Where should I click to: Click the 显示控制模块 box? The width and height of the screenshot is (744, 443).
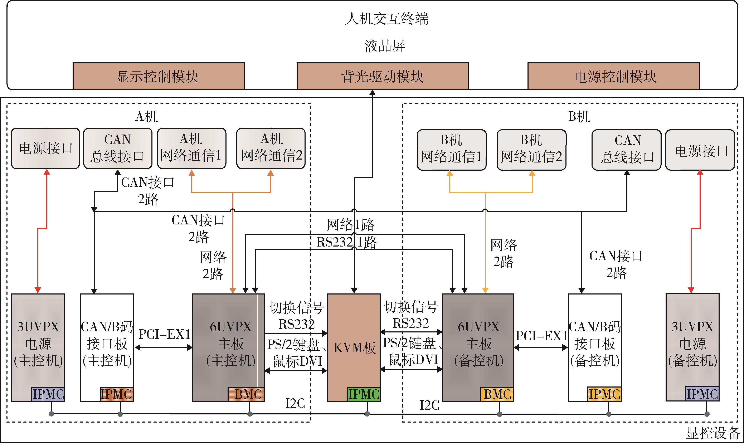coord(159,76)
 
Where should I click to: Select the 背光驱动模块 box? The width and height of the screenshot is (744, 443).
coord(383,76)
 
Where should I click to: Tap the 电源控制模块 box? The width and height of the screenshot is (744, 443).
coord(614,76)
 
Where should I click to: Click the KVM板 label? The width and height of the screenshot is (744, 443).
coord(354,348)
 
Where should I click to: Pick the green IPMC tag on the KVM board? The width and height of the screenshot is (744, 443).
coord(364,394)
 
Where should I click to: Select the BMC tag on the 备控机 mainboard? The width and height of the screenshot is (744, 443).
coord(497,394)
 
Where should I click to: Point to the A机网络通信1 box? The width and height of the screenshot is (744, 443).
coord(192,148)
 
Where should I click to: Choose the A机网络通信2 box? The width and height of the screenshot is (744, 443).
coord(271,148)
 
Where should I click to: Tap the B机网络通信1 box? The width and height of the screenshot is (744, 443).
coord(452,150)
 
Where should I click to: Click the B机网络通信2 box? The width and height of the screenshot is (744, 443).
coord(531,150)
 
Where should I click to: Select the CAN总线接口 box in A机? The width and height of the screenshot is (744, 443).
coord(118,148)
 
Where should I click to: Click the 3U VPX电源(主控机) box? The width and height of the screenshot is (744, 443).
coord(38,343)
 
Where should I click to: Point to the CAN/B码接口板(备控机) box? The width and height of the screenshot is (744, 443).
coord(595,343)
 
